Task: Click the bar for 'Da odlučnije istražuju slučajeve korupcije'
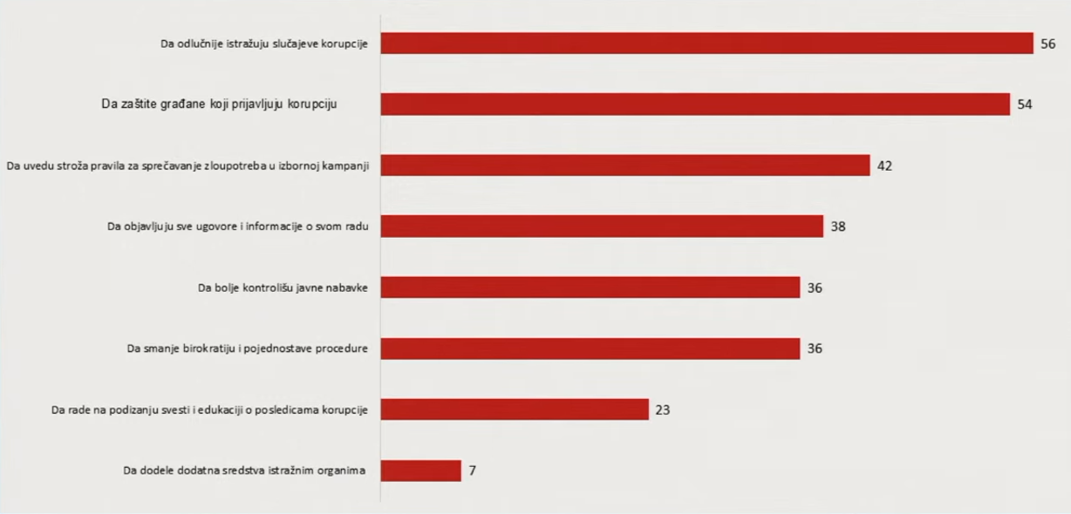pos(706,43)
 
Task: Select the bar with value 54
pos(695,105)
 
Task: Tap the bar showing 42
pos(625,166)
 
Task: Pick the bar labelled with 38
pos(602,227)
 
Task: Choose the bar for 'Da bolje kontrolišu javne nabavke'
pos(590,287)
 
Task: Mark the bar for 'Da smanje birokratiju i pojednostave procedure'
pos(590,348)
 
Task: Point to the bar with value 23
pos(515,409)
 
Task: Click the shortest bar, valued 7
pos(420,470)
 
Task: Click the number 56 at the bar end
pos(1047,44)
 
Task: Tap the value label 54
pos(1024,105)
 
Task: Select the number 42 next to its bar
pos(884,166)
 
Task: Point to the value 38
pos(838,227)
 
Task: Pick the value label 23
pos(663,409)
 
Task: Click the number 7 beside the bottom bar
pos(472,470)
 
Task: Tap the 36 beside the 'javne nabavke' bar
pos(815,287)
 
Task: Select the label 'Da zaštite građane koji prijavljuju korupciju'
pos(220,105)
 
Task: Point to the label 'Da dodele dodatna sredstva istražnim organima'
pos(243,470)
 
